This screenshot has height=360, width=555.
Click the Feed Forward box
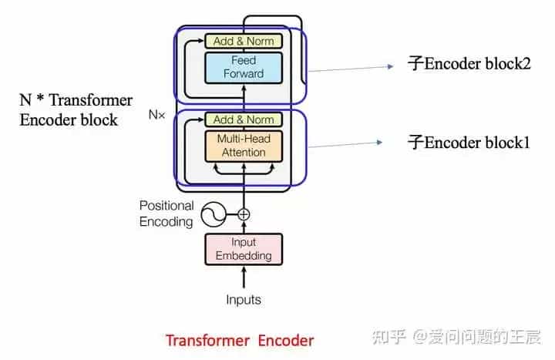(244, 67)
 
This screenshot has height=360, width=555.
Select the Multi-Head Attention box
(244, 146)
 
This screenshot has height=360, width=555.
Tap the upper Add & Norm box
(244, 41)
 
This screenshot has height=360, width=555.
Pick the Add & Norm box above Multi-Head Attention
(244, 119)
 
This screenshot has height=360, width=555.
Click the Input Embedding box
(244, 249)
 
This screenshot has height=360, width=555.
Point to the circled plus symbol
(244, 214)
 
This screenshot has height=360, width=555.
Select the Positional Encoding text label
(166, 214)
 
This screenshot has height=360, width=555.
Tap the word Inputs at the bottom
(244, 299)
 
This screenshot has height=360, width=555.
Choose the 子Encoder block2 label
(469, 64)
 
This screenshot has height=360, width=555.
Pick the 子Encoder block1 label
(469, 142)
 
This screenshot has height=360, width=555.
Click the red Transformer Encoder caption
(240, 340)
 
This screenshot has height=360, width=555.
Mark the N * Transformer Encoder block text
(76, 110)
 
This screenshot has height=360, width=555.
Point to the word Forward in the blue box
(244, 74)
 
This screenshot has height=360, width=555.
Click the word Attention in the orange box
(244, 153)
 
